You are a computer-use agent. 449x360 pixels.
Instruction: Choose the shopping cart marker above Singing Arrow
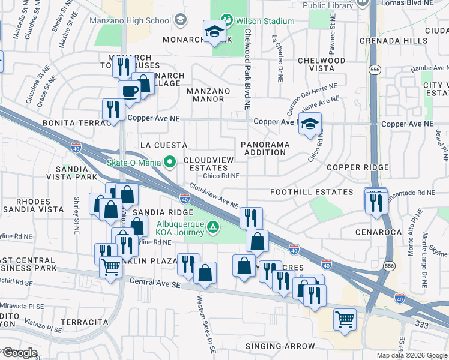click(x=345, y=319)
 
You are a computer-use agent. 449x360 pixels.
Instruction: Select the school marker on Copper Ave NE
click(x=310, y=124)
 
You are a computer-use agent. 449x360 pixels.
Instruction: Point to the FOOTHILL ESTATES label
click(x=311, y=192)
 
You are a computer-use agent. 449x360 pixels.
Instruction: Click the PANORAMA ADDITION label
click(x=265, y=148)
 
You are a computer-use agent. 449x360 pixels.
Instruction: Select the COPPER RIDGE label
click(x=379, y=167)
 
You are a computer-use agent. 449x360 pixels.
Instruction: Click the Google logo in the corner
click(x=19, y=353)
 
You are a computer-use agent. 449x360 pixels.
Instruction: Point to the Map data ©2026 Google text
click(x=412, y=355)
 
